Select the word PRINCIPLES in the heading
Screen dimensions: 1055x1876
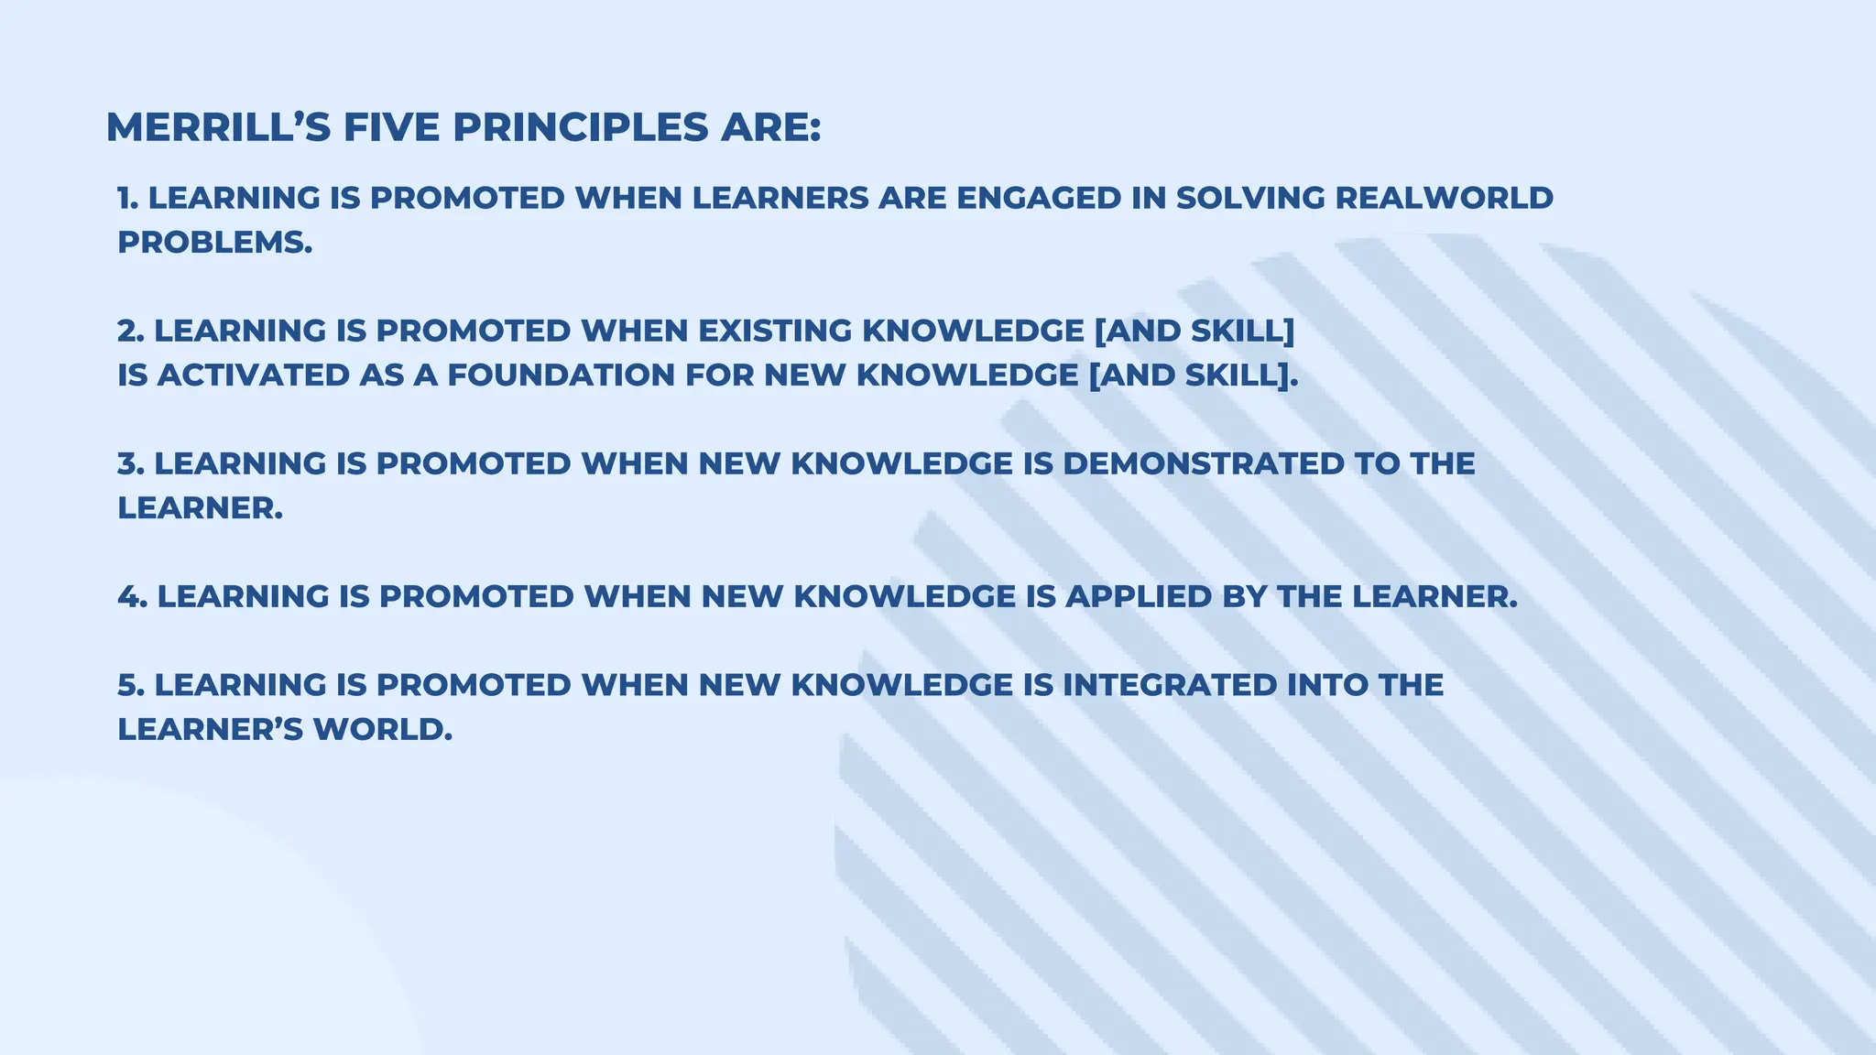coord(581,127)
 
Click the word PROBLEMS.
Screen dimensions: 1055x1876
coord(214,243)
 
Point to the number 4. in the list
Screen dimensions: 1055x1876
coord(132,596)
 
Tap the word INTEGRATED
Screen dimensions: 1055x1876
coord(1169,685)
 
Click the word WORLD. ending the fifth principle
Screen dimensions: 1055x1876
coord(383,730)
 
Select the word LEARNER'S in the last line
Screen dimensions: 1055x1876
coord(210,730)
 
